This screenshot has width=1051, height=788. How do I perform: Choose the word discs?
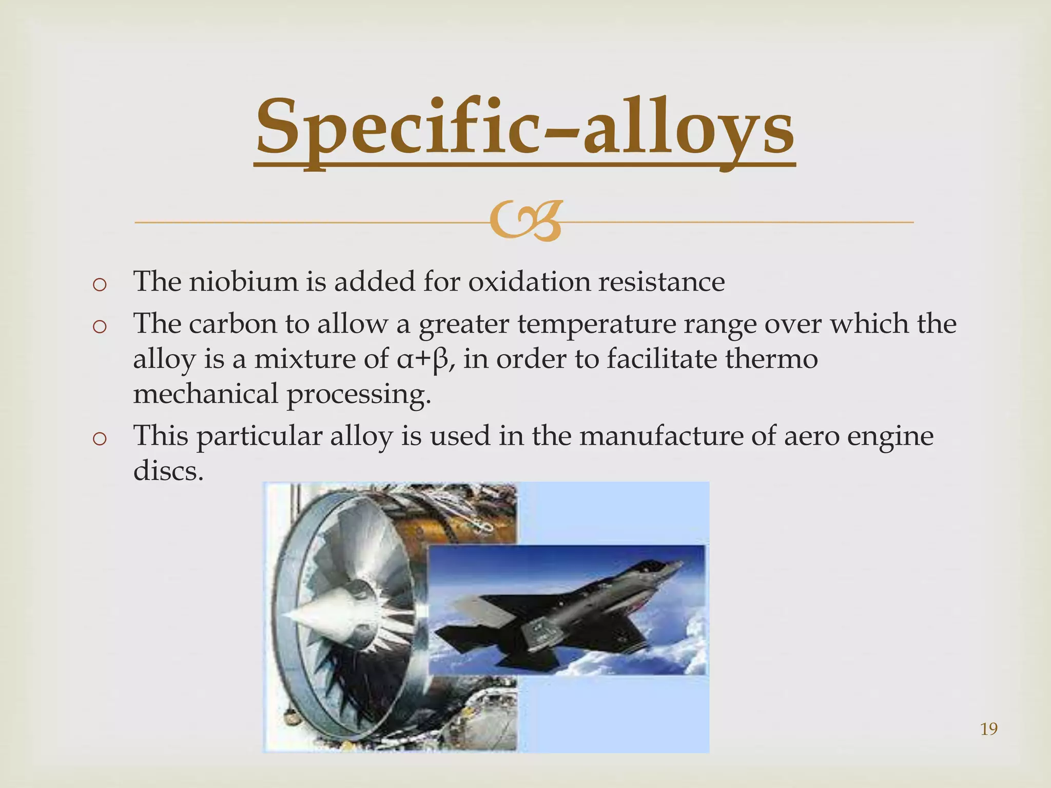(x=168, y=470)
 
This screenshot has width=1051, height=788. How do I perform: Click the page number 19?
(x=988, y=729)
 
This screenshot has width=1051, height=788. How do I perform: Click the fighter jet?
(x=565, y=610)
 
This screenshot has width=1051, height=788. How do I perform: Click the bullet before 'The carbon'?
(x=100, y=327)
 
